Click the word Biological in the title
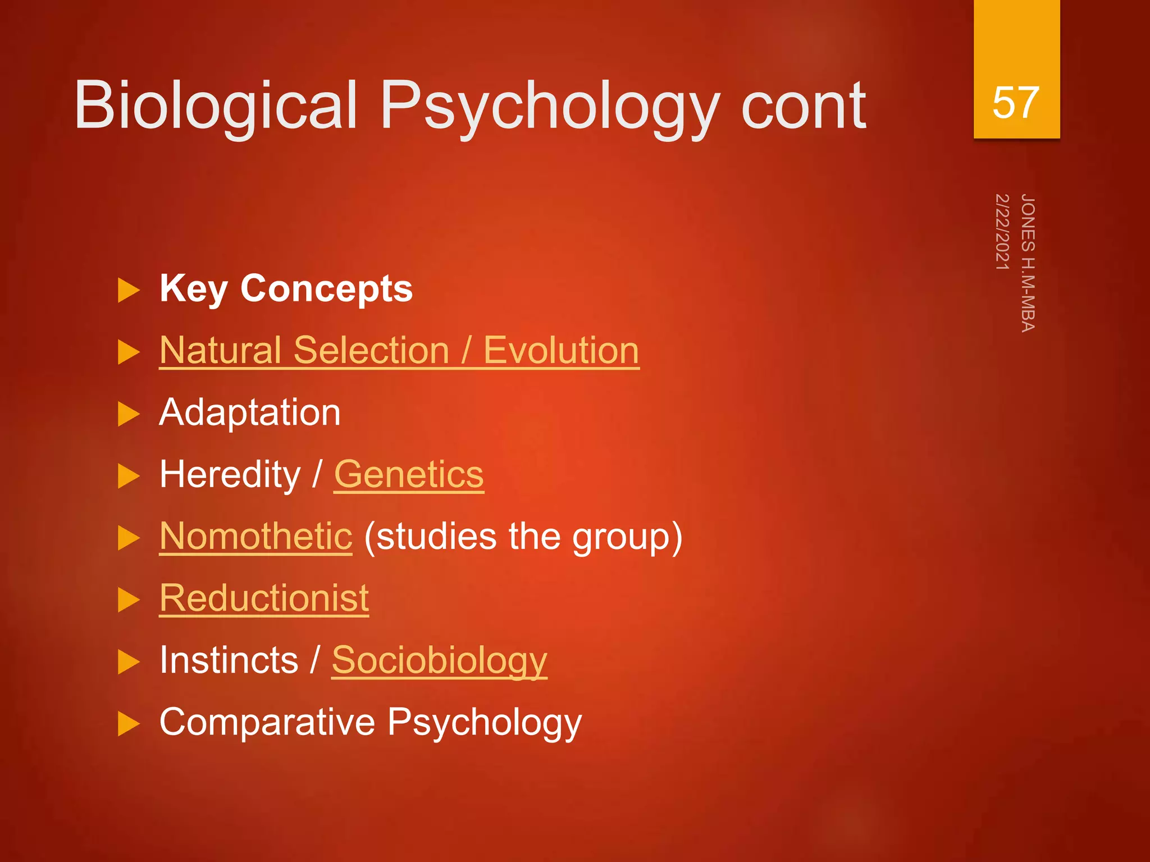click(x=216, y=105)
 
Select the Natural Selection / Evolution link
click(x=399, y=350)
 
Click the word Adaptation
click(x=250, y=412)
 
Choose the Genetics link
click(x=409, y=475)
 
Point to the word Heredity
click(x=230, y=475)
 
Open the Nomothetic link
click(x=256, y=537)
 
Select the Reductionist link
click(x=264, y=598)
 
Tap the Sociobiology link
click(x=439, y=661)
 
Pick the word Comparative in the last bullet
click(x=267, y=722)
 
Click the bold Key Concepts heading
click(x=286, y=289)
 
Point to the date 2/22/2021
click(x=1002, y=232)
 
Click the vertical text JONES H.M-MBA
click(x=1028, y=263)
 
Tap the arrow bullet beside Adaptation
click(x=129, y=415)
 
